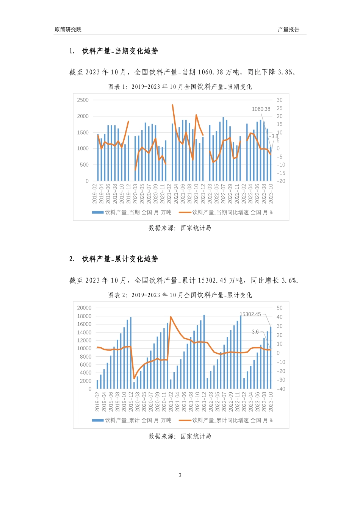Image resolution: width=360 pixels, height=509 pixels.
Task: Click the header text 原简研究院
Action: point(68,30)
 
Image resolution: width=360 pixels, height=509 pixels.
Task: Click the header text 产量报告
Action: point(288,30)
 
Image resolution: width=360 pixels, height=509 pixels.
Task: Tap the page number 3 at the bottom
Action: point(180,475)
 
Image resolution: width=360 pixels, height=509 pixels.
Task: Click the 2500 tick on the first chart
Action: point(83,100)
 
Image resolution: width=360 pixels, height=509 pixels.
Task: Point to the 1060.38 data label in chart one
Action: point(261,109)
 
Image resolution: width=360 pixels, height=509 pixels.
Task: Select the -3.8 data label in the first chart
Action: point(274,136)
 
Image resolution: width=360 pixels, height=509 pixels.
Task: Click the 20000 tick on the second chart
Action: point(84,308)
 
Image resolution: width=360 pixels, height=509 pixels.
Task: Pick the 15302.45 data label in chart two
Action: point(250,314)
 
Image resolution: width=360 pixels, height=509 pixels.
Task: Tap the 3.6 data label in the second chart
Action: point(255,332)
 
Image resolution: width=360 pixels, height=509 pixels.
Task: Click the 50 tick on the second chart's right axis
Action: point(280,308)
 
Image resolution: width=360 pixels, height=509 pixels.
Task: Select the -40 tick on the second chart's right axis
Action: point(281,389)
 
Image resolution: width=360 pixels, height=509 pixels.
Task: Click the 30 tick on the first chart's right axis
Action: point(280,100)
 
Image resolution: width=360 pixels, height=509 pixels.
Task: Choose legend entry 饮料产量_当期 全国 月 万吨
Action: point(132,212)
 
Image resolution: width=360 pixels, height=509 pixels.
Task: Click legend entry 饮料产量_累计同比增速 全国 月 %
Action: point(226,420)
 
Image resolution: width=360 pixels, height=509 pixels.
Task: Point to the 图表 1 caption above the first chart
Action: point(180,87)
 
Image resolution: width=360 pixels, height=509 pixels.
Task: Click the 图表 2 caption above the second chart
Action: point(180,295)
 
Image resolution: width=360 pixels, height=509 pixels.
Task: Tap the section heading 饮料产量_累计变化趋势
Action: point(120,259)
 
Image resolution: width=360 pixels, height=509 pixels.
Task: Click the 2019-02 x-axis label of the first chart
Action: point(95,194)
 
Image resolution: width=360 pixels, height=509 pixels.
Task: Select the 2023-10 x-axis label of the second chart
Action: point(271,402)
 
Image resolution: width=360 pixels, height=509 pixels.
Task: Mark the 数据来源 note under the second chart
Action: point(180,436)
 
